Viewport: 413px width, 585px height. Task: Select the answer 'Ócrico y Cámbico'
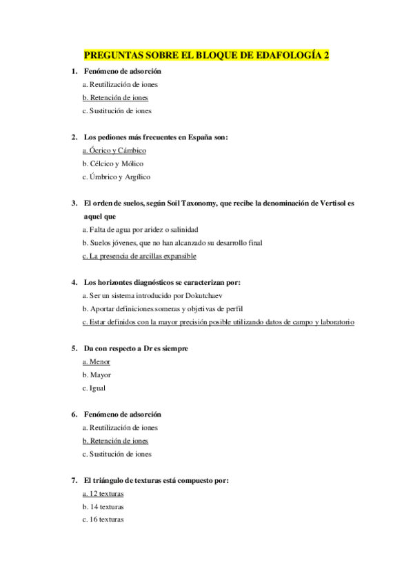coord(114,150)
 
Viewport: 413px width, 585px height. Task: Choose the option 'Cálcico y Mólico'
coord(112,163)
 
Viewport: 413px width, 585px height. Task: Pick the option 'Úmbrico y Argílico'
coord(116,177)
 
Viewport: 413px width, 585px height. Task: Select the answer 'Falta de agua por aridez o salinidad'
coord(140,229)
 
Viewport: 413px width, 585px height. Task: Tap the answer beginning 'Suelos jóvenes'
coord(172,242)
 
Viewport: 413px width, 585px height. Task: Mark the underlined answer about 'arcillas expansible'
coord(139,256)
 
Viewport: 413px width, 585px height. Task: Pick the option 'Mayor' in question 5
coord(97,375)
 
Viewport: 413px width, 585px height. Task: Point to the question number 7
coord(74,480)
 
